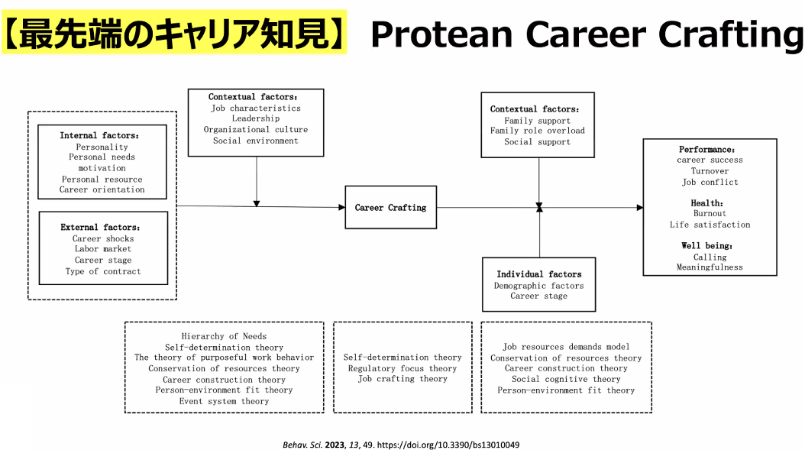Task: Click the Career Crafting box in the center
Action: click(390, 207)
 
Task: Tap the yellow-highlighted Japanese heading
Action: click(175, 33)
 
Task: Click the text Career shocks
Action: click(103, 238)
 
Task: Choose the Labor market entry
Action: click(103, 249)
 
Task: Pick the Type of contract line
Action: click(103, 271)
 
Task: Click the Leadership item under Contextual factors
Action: click(256, 118)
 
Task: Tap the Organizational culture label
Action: click(256, 129)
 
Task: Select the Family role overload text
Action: click(538, 131)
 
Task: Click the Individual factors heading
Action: click(538, 274)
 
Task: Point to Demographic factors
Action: click(538, 286)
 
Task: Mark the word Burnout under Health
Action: click(710, 214)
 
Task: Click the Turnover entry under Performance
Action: click(710, 171)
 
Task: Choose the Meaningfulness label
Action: click(710, 267)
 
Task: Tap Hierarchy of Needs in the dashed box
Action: click(224, 336)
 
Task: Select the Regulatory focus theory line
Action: click(402, 368)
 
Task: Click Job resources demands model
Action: click(566, 347)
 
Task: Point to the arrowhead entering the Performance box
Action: click(639, 207)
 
